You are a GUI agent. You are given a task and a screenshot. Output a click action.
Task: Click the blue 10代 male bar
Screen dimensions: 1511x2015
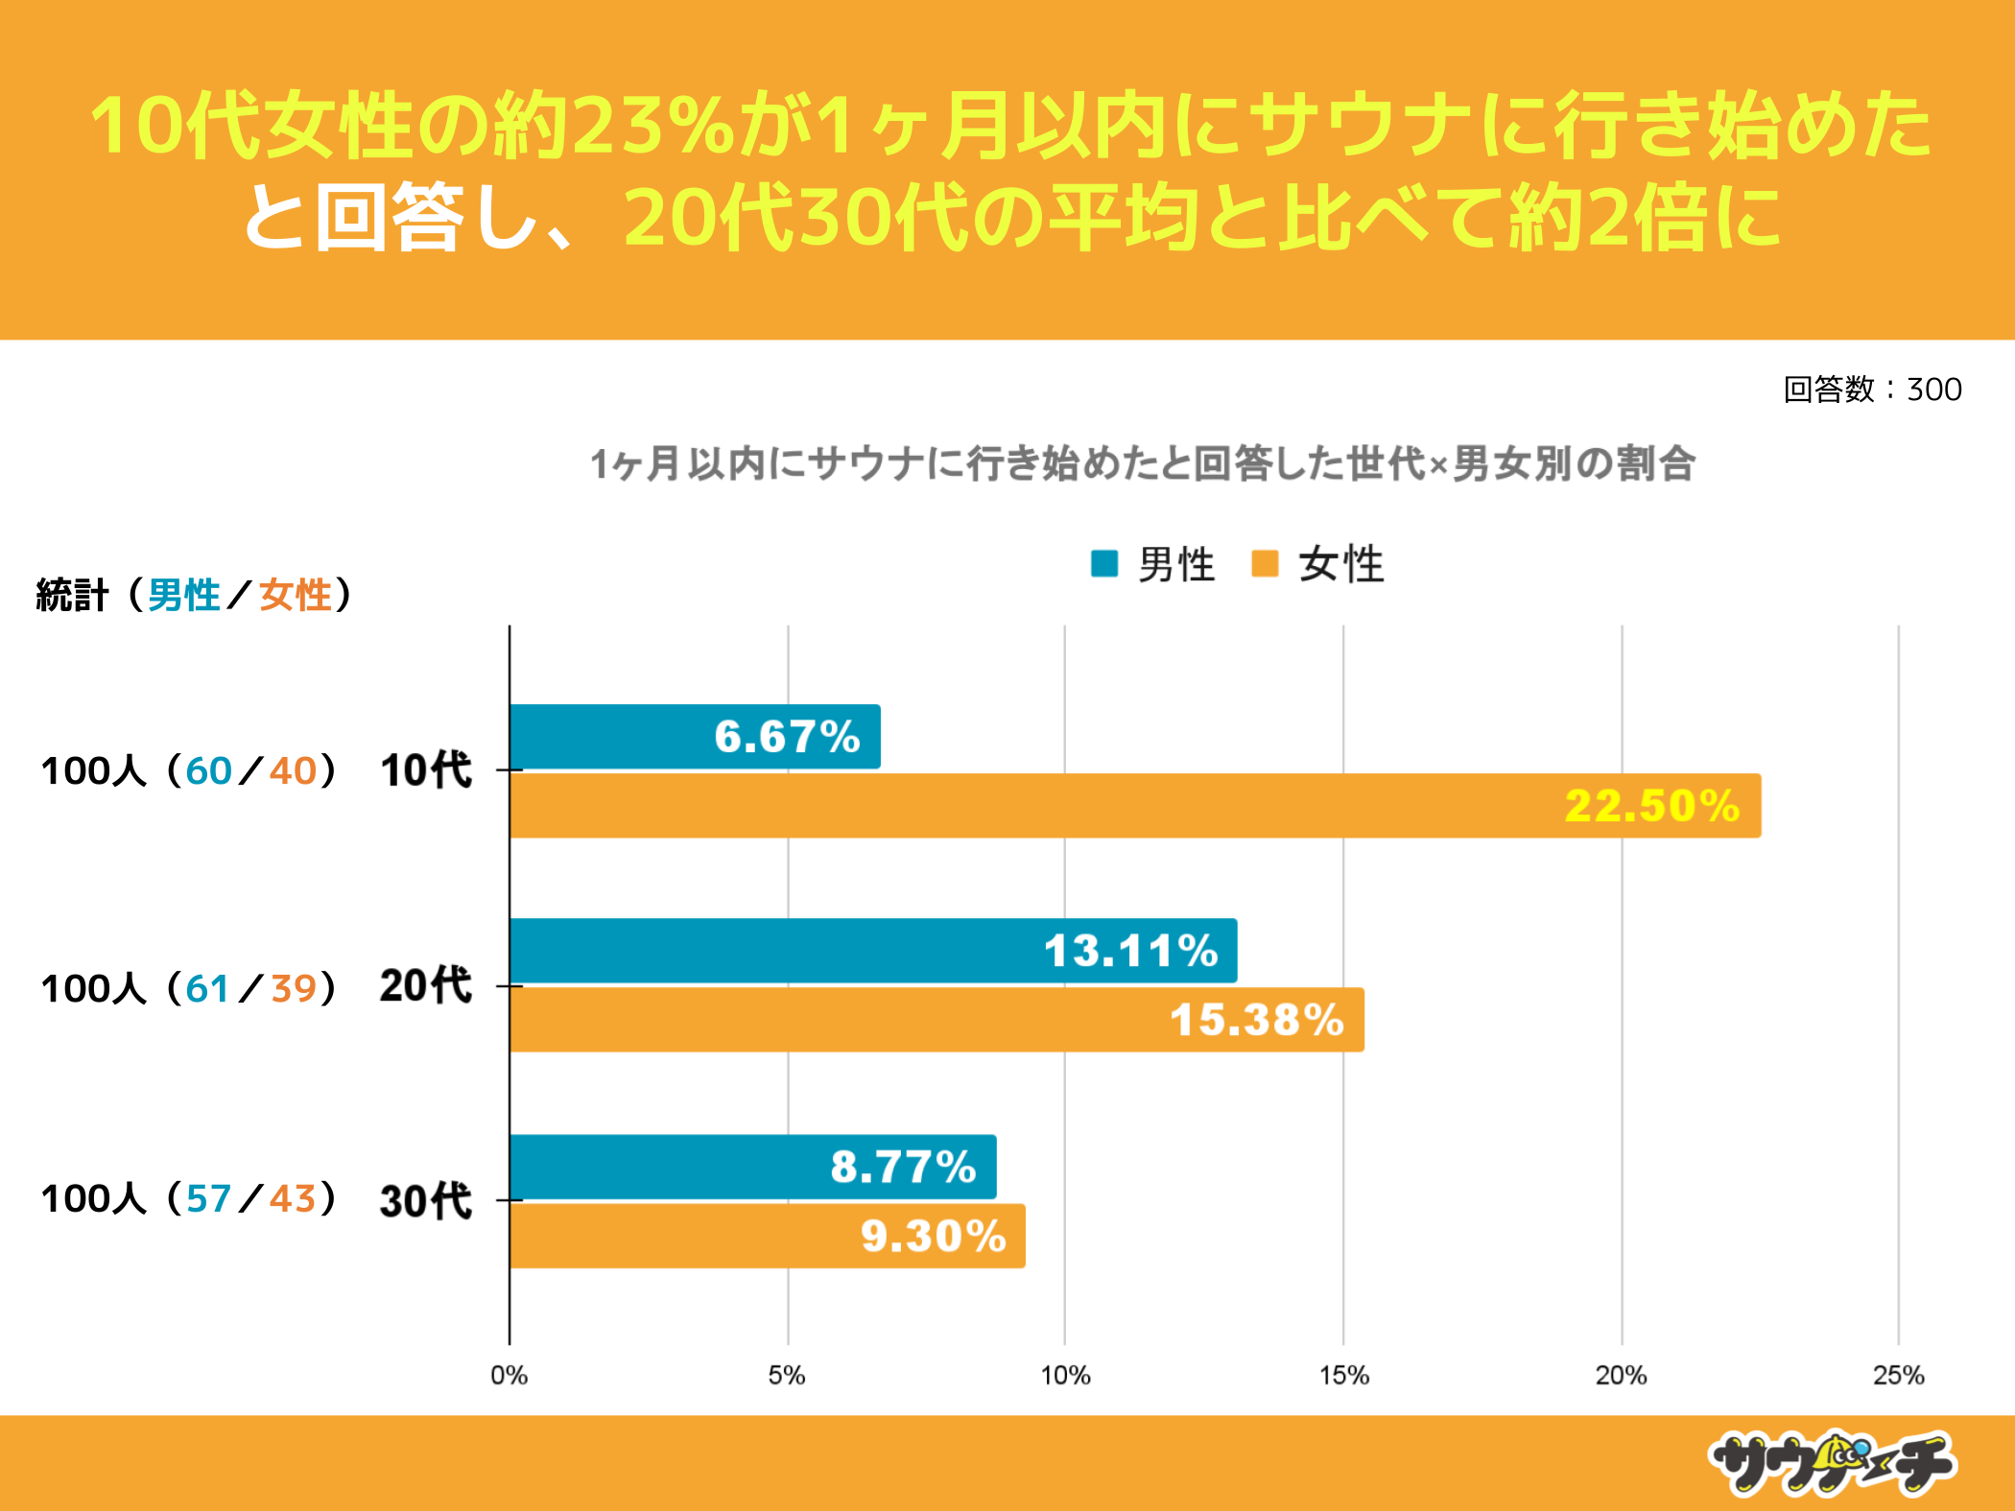point(695,737)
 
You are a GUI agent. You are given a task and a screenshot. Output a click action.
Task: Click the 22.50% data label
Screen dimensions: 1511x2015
point(1651,806)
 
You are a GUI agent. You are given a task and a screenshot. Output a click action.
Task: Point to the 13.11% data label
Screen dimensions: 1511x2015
point(1130,951)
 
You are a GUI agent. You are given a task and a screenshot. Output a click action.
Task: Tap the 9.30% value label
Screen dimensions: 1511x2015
point(933,1236)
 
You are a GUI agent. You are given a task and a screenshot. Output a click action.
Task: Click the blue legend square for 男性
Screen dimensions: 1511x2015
point(1104,563)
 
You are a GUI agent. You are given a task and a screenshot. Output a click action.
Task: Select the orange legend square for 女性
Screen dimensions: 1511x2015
point(1265,563)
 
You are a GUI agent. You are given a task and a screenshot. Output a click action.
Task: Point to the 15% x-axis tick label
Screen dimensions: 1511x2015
point(1343,1376)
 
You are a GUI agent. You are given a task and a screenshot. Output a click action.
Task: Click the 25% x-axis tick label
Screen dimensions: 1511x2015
point(1898,1376)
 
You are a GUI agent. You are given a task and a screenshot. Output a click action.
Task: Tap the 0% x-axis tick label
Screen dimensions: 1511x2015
point(509,1376)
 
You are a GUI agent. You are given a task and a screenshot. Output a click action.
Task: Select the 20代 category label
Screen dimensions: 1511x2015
point(426,986)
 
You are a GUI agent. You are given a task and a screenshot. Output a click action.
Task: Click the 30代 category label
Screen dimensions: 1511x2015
point(426,1200)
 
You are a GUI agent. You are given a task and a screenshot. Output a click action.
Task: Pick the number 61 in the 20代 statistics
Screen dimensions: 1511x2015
point(207,988)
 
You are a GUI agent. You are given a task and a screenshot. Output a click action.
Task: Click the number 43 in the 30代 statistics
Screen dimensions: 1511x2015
point(293,1199)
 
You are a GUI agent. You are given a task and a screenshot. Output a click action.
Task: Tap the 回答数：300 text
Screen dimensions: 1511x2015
point(1872,390)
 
